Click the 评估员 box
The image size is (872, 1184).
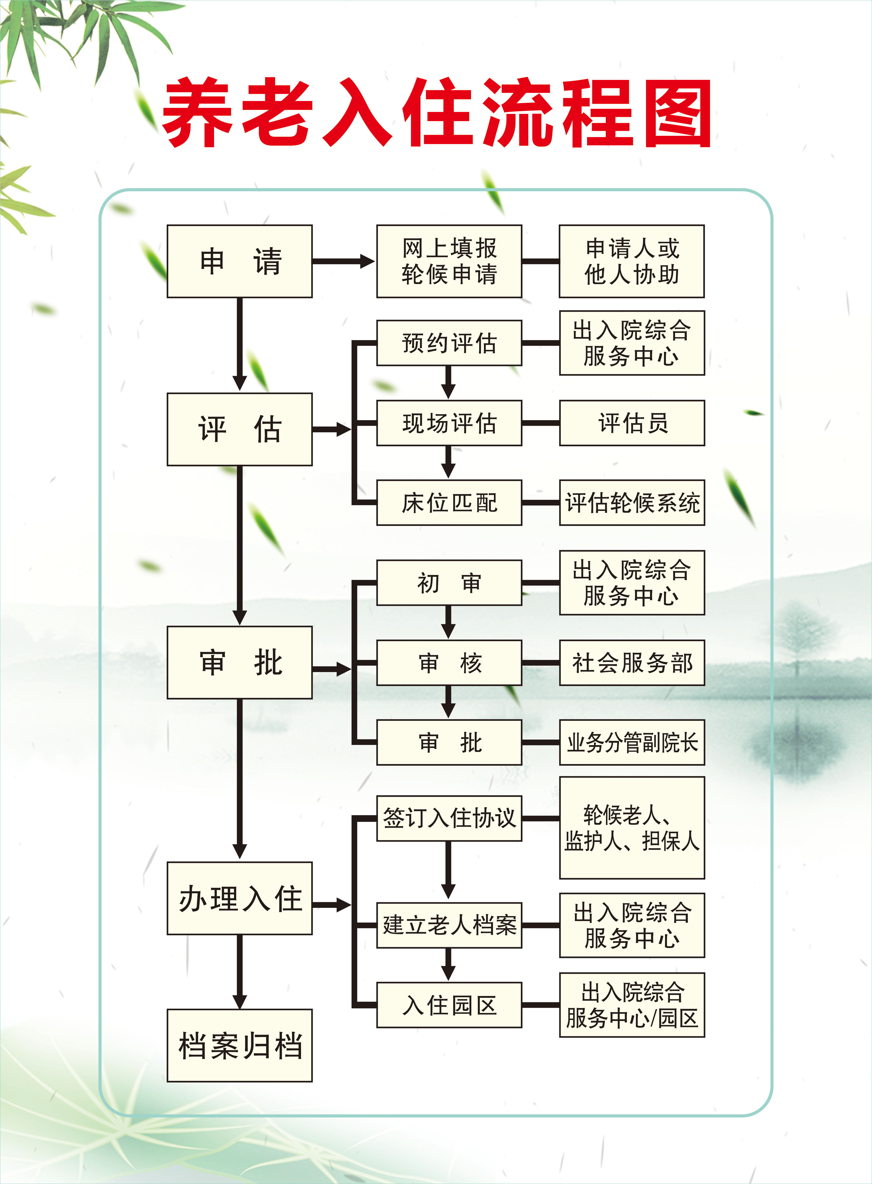pos(632,423)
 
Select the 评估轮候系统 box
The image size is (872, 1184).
pos(632,503)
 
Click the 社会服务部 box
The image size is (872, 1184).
pos(632,663)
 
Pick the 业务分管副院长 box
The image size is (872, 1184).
pos(632,742)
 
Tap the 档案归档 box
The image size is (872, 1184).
pos(240,1046)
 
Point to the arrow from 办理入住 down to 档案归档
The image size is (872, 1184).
pos(240,972)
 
